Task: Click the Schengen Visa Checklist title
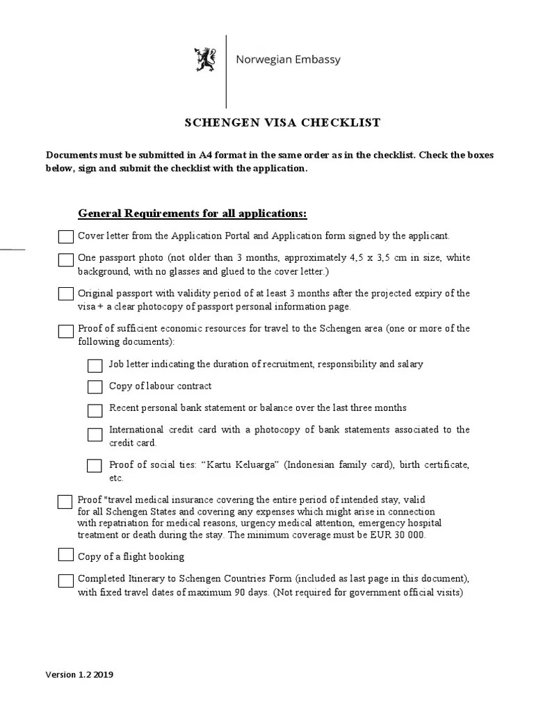282,123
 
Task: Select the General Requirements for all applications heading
192,212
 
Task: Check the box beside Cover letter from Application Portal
65,237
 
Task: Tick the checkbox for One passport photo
65,260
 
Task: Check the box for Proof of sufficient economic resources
65,330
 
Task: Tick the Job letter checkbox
95,366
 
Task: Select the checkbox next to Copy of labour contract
95,387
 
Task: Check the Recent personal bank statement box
95,410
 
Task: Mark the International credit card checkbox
95,435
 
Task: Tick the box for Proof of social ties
95,465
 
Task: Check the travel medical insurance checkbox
65,501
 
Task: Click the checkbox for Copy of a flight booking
65,555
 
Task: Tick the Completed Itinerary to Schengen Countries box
65,581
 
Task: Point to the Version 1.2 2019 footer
80,674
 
